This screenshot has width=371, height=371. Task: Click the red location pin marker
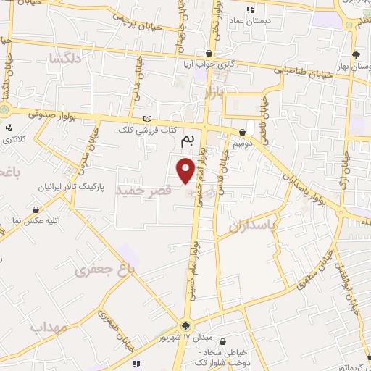tap(185, 170)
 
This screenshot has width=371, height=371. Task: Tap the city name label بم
tap(188, 138)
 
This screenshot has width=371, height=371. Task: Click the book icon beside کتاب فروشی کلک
tap(148, 119)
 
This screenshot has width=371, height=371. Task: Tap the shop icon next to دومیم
tap(242, 132)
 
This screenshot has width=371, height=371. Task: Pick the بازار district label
tap(221, 92)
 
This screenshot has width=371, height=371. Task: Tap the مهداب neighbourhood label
tap(49, 328)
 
